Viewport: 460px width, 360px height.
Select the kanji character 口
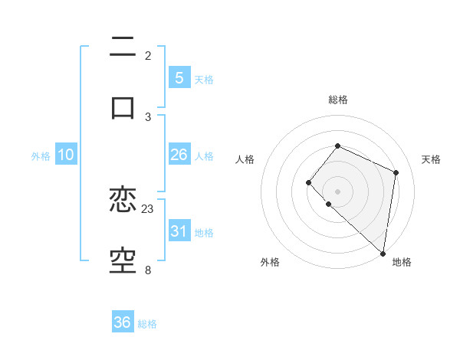(123, 107)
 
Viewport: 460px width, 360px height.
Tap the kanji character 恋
(123, 201)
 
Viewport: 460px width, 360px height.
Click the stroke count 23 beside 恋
(148, 208)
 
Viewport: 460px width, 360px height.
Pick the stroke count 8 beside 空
(148, 270)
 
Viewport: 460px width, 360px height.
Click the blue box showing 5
(179, 77)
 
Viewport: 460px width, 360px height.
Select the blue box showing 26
(179, 155)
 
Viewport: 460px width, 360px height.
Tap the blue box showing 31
(179, 231)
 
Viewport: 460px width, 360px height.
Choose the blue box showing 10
(66, 155)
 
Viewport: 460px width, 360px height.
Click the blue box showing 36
(123, 322)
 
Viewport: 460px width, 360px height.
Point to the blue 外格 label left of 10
(41, 155)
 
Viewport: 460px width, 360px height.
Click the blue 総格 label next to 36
(147, 324)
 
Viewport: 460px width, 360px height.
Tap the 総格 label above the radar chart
(338, 100)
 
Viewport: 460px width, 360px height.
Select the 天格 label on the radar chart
(431, 159)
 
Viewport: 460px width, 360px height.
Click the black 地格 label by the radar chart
(402, 262)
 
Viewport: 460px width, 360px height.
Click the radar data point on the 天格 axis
(396, 172)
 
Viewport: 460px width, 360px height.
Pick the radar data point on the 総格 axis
(338, 146)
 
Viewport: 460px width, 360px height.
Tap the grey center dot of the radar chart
(338, 191)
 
